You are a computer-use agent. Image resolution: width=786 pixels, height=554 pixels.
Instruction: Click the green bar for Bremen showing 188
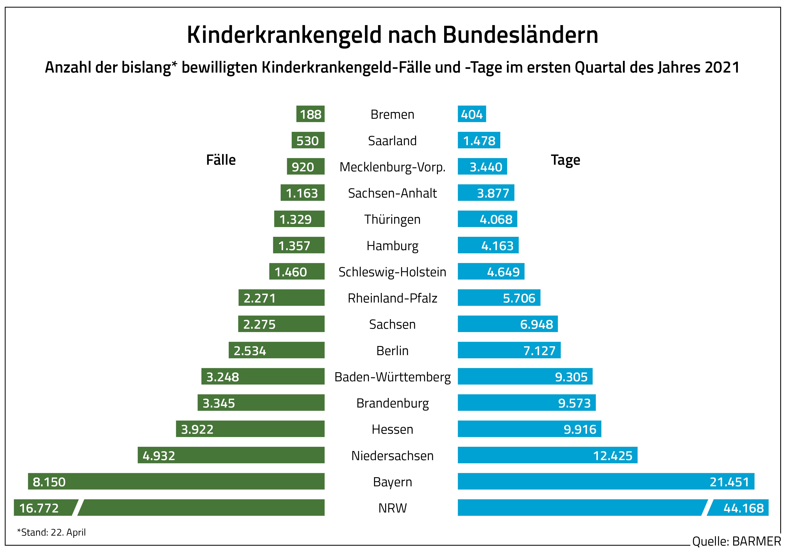click(x=310, y=114)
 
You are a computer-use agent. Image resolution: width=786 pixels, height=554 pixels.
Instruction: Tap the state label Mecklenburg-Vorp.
click(x=392, y=167)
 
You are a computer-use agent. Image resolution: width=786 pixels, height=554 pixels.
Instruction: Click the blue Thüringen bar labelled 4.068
click(x=487, y=219)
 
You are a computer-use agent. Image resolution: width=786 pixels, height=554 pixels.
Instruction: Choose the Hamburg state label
click(x=392, y=246)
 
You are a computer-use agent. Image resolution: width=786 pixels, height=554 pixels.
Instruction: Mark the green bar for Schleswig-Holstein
click(x=296, y=271)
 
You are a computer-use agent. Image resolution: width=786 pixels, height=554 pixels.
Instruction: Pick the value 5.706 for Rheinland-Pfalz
click(x=519, y=298)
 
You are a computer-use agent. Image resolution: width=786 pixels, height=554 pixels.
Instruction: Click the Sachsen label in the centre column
click(x=392, y=324)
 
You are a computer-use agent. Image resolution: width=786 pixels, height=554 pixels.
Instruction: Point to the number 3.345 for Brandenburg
click(x=219, y=403)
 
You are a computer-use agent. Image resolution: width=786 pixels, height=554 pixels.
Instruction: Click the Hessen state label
click(x=392, y=429)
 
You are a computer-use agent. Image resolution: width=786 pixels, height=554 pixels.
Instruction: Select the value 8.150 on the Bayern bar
click(x=49, y=482)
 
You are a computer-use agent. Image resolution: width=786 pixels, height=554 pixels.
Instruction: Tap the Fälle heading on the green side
click(x=221, y=160)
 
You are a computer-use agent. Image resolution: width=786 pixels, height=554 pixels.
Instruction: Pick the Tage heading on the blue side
click(x=565, y=160)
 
